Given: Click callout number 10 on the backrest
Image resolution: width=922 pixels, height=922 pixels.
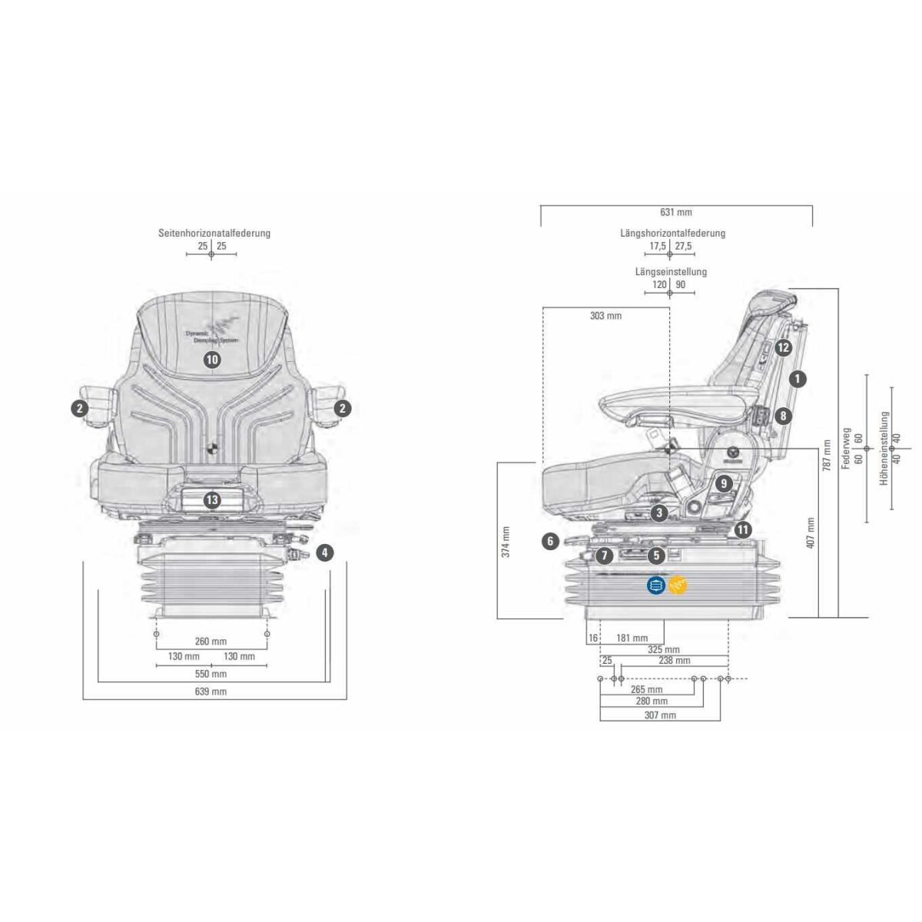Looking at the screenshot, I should tap(212, 359).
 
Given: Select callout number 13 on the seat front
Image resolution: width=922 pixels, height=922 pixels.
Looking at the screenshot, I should tap(212, 500).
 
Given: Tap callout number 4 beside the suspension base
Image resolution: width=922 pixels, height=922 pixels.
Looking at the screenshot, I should tap(325, 552).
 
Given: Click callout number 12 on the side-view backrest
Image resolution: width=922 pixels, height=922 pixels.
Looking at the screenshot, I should tap(782, 348).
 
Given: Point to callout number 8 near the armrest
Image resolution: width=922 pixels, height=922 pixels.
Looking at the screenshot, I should tap(782, 416).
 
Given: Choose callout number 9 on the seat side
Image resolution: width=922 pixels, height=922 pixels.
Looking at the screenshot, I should tap(723, 484).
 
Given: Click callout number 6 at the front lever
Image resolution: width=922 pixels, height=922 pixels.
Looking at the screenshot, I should tap(550, 542).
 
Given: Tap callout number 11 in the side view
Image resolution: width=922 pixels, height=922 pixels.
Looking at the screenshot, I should tap(741, 529).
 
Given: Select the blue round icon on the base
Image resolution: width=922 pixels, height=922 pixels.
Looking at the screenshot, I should tap(655, 585).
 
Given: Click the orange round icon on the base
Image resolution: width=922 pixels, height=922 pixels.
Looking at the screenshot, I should tap(678, 585).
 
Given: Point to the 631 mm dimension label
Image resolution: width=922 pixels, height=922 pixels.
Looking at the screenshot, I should tap(676, 212).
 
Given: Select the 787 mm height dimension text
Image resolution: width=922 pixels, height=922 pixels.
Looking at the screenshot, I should tap(827, 455).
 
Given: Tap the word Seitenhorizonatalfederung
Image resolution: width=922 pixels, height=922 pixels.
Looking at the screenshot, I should tap(214, 233).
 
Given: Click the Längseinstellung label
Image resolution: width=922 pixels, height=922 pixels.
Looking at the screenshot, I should tap(671, 271).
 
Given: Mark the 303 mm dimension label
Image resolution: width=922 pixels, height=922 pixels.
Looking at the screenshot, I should tap(605, 316).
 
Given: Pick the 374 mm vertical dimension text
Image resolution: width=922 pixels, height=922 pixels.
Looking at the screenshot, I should tap(506, 541).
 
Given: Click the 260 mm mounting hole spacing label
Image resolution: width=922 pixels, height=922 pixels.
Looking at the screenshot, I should tap(211, 642).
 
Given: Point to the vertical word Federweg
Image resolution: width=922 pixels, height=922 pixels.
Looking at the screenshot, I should tap(847, 449).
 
